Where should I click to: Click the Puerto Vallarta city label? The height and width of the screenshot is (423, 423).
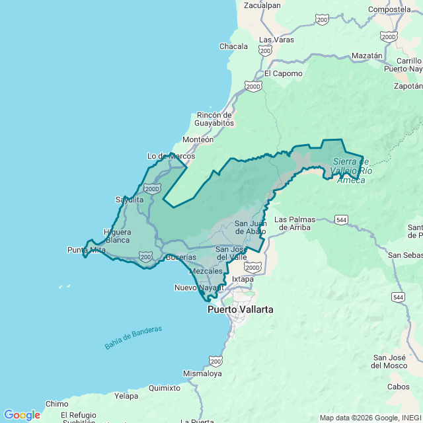point(240,309)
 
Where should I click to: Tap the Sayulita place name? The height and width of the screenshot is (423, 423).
point(130,199)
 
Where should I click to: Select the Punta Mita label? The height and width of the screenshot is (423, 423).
point(86,250)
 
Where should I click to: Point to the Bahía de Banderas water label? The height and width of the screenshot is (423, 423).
point(133,337)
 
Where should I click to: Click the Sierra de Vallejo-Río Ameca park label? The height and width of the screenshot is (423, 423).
point(352,171)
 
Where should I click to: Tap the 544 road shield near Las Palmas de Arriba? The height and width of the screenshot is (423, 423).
point(341,219)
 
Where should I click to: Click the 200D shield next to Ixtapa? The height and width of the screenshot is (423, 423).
point(252,267)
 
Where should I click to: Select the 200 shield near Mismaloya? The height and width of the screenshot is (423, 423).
point(215,360)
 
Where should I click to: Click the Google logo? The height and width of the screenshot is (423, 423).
point(21,414)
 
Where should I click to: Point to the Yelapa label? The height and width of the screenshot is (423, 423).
point(126,396)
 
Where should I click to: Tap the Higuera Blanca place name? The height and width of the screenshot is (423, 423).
point(118,236)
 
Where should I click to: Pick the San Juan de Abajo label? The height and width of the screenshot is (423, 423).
point(250,227)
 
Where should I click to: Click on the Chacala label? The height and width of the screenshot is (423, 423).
point(233,46)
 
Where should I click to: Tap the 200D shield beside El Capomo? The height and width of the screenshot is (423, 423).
point(252,86)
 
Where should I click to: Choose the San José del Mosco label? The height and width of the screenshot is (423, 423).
point(389,362)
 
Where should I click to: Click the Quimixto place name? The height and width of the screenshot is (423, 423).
point(165,388)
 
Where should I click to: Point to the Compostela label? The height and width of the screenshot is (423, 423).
point(389,9)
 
